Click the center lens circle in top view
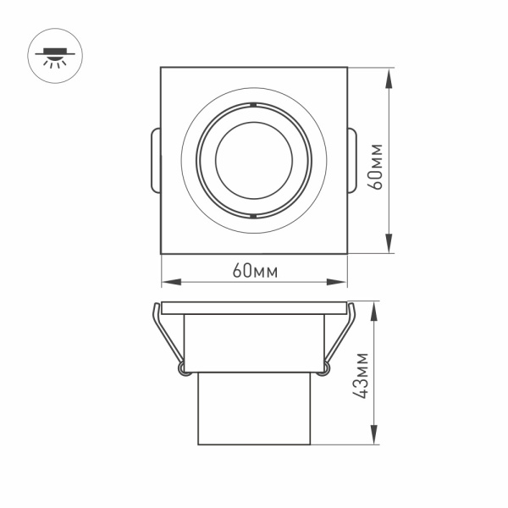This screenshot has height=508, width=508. (x=254, y=161)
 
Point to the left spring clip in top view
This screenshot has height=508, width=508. (x=155, y=161)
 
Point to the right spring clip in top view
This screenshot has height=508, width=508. (x=352, y=161)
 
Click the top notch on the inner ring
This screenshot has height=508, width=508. (x=254, y=105)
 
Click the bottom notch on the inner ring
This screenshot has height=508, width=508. (x=254, y=217)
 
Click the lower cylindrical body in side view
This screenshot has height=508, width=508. (x=254, y=408)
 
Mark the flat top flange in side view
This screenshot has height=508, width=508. (x=254, y=307)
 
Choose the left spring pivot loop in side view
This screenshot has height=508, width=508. (x=181, y=367)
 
